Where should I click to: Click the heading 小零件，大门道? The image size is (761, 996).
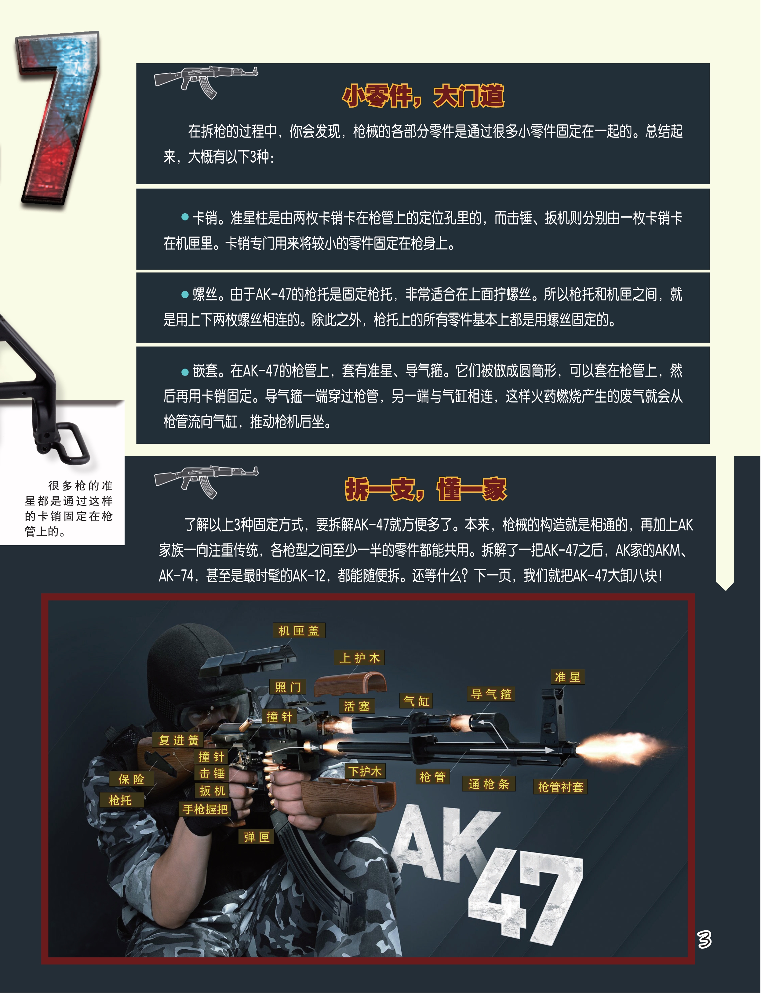(x=423, y=96)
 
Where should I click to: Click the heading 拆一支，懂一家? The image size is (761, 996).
(x=426, y=489)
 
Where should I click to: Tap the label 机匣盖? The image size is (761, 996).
(x=299, y=630)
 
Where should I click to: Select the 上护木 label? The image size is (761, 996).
(x=359, y=658)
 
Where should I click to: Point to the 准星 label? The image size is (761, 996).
(x=568, y=677)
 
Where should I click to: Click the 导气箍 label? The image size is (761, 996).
(x=491, y=694)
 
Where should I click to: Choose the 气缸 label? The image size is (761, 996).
(x=416, y=701)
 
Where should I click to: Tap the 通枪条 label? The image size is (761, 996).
(x=489, y=784)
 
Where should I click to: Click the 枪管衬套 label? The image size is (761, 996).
(x=560, y=787)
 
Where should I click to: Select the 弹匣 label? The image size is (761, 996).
(x=257, y=837)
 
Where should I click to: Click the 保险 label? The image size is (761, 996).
(x=131, y=779)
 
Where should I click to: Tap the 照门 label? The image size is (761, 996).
(x=288, y=687)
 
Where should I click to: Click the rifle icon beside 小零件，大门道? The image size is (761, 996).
(x=206, y=82)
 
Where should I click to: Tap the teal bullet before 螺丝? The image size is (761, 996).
(x=185, y=294)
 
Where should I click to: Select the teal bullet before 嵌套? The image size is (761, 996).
(x=185, y=372)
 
